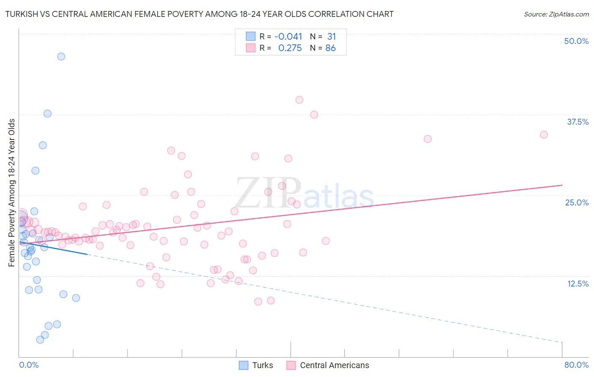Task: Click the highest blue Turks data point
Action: tap(61, 57)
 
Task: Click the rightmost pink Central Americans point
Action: tap(544, 135)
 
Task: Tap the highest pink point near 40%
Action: tap(300, 100)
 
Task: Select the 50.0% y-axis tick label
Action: tap(576, 41)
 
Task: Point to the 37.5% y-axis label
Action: tap(578, 122)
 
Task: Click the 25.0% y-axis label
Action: tap(577, 202)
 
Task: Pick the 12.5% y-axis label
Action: tap(578, 284)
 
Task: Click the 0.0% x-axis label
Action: tap(29, 365)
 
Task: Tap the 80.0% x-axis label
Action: tap(576, 365)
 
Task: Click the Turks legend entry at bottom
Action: tap(256, 365)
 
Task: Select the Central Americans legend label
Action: tap(334, 365)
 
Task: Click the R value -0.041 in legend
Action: tap(288, 37)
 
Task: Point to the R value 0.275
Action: tap(290, 48)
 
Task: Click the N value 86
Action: tap(330, 48)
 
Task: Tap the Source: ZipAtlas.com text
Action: tap(556, 14)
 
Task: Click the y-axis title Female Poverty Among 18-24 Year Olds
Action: tap(12, 193)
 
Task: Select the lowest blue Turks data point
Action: tap(40, 339)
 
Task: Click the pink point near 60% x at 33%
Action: tap(428, 139)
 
